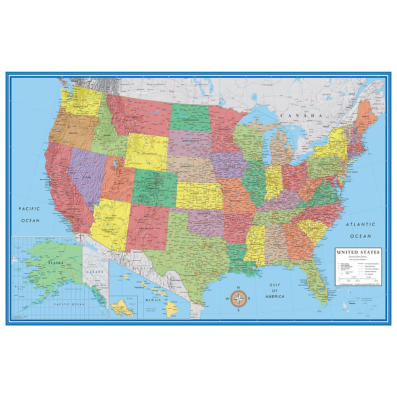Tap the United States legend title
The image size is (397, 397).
358,252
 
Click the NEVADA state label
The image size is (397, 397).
86,177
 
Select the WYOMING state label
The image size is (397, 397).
148,154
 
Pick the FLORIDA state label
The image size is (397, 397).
321,289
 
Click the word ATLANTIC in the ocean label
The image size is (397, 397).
361,224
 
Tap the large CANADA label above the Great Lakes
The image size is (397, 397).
301,116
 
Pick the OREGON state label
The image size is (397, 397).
73,133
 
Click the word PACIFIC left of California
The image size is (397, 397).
29,209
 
